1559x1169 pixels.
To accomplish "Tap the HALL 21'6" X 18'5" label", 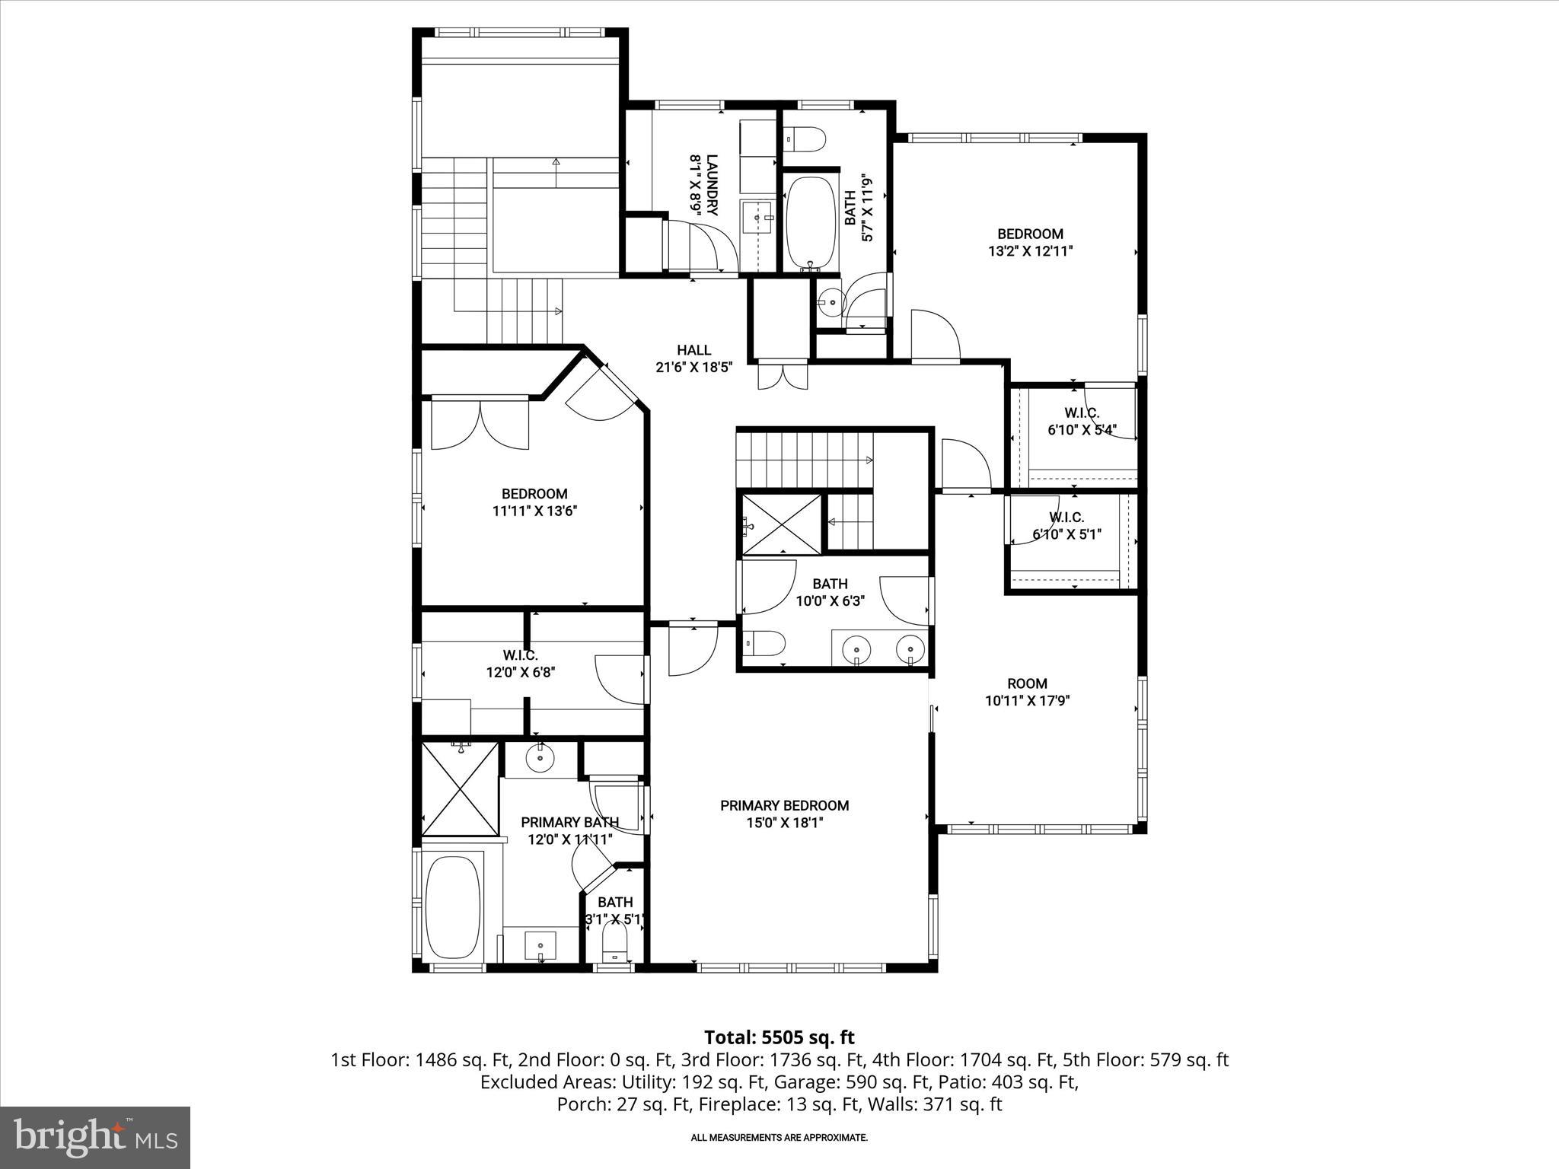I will (x=693, y=358).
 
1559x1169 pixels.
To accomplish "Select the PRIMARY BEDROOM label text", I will (x=784, y=805).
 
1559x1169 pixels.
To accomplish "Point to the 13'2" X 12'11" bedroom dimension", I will (x=1030, y=251).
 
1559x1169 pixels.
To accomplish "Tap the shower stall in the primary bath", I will (x=460, y=788).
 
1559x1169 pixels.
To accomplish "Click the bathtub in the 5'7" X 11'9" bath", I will (x=811, y=223).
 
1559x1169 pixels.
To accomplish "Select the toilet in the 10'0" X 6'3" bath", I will (x=764, y=644).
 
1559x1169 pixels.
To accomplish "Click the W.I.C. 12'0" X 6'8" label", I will (x=521, y=664).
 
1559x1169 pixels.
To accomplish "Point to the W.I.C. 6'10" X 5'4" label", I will (x=1081, y=422).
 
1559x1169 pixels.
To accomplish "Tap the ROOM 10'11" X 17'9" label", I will (x=1027, y=692).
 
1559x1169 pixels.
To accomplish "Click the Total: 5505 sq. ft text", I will (x=779, y=1037).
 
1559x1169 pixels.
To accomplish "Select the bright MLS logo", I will (x=95, y=1137).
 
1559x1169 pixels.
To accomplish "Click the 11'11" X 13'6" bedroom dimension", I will (x=534, y=511).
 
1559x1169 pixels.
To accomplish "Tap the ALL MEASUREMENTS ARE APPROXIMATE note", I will (x=779, y=1138).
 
